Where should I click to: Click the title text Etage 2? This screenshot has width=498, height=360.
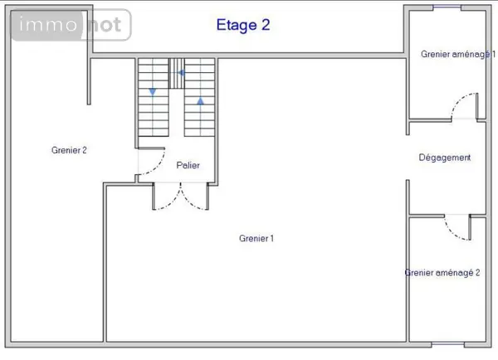243,25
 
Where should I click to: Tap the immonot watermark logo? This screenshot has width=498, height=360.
71,25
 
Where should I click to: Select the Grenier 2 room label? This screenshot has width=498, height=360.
69,150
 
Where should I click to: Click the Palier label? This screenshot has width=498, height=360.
188,165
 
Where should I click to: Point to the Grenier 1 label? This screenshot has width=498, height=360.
256,238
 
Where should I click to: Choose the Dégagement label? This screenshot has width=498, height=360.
445,158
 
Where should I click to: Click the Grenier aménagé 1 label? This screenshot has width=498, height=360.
458,54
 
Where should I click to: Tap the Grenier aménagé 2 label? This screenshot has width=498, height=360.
442,273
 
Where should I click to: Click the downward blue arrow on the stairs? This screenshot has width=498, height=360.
153,92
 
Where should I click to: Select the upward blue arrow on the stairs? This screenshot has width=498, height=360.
200,101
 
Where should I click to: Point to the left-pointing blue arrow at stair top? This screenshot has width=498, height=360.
182,73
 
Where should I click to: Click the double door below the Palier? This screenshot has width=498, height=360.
180,197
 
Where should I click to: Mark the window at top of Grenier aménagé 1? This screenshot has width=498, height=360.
447,7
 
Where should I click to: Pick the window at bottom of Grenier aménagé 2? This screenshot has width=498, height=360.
448,344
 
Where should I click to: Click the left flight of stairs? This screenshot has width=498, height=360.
153,97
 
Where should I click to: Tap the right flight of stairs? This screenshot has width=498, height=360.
200,97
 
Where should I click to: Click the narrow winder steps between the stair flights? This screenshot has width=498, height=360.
176,73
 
